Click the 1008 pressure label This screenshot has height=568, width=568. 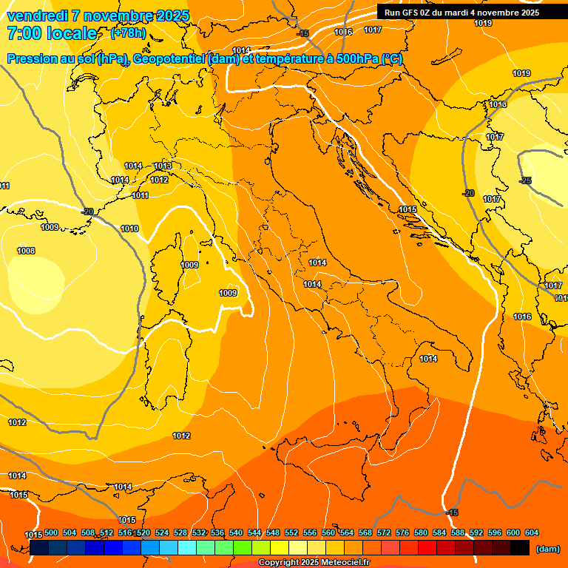[x=26, y=251]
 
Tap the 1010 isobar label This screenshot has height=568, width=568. [x=129, y=229]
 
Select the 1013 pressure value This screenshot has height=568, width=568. [x=163, y=166]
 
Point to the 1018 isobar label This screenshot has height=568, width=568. [x=498, y=104]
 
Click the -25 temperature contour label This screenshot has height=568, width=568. [x=525, y=180]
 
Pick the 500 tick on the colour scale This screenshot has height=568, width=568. [x=51, y=532]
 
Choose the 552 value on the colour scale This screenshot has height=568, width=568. [x=291, y=532]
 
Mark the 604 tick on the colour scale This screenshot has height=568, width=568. [x=532, y=532]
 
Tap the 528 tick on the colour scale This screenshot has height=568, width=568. [x=180, y=532]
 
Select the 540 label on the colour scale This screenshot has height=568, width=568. [x=236, y=532]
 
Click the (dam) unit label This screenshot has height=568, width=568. [x=547, y=549]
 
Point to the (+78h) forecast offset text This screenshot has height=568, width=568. [x=128, y=33]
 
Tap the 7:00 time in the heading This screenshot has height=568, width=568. [x=25, y=33]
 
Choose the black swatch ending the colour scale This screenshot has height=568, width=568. [x=519, y=547]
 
